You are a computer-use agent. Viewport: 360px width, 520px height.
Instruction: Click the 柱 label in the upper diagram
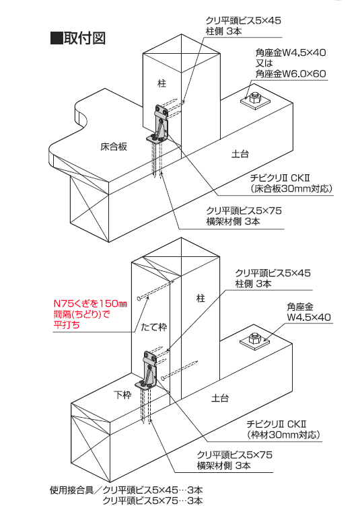[x=161, y=83]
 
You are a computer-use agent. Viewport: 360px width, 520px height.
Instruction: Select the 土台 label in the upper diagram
[x=240, y=152]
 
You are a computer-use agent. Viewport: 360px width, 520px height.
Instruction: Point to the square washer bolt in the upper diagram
[x=256, y=100]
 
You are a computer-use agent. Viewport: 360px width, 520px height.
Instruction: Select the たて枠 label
[x=153, y=327]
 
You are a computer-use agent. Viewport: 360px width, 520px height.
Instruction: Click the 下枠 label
[x=122, y=394]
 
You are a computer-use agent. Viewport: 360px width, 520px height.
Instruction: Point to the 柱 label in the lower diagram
[x=200, y=297]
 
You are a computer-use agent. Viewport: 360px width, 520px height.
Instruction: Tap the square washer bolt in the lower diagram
[x=256, y=342]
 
